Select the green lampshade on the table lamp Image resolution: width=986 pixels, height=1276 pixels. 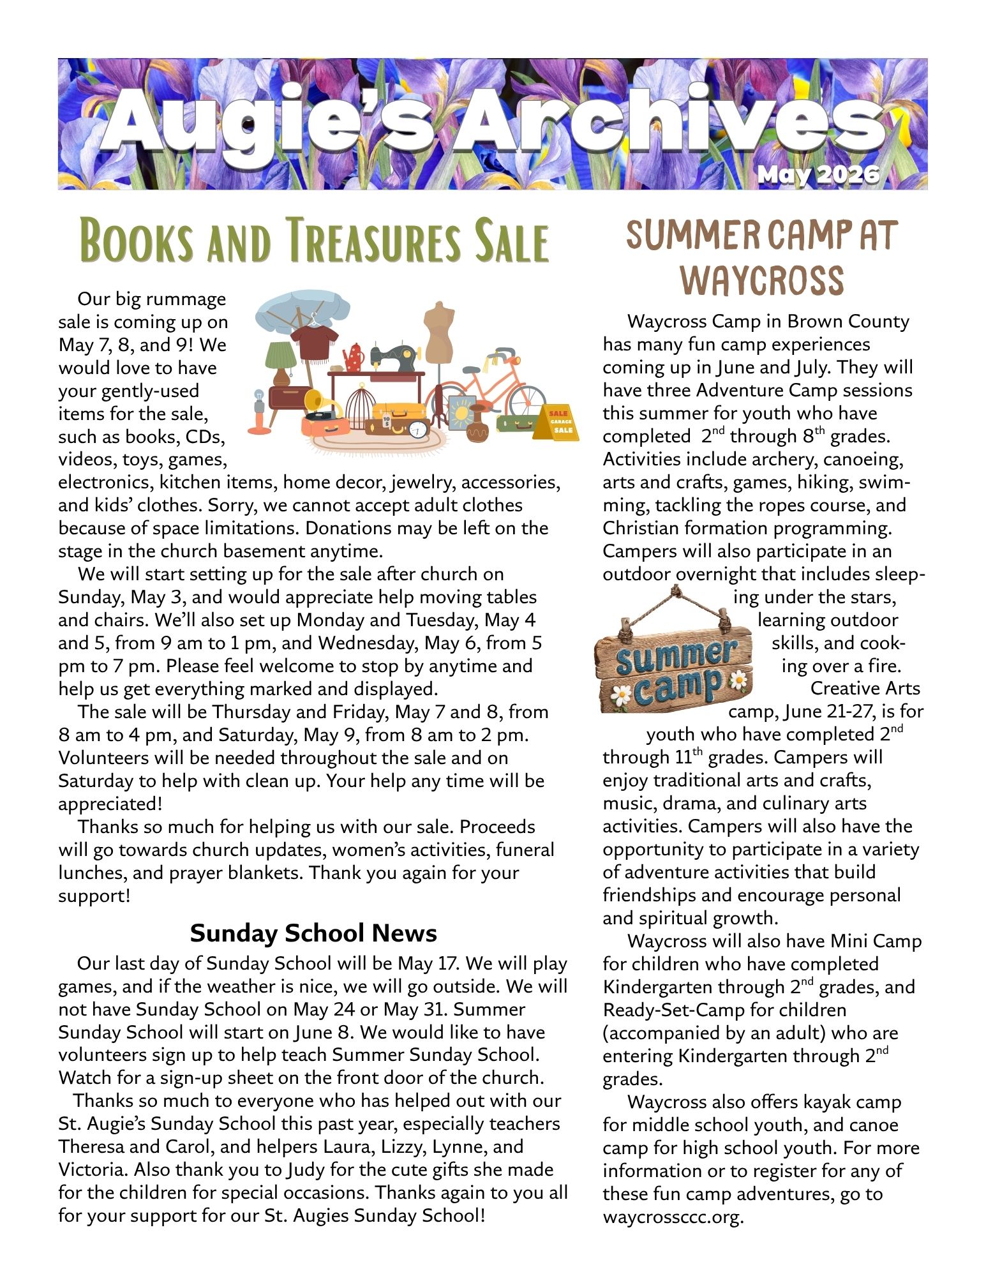click(281, 356)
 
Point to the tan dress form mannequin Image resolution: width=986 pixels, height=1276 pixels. click(439, 332)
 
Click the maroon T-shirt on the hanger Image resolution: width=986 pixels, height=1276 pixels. click(314, 342)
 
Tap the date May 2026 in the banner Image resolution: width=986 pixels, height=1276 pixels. click(819, 174)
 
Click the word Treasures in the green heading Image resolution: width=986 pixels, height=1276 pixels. click(373, 241)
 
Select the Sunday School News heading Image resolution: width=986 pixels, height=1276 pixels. click(313, 933)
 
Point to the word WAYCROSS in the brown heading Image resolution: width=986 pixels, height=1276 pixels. click(763, 280)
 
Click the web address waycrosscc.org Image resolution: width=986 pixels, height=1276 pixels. click(673, 1217)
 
